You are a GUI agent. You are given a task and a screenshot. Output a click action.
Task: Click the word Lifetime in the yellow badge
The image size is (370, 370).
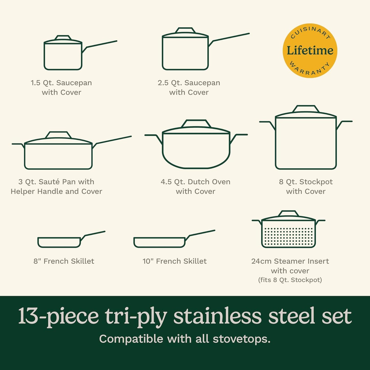(x=310, y=50)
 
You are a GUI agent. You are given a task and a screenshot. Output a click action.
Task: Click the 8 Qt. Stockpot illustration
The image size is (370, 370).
(x=306, y=142)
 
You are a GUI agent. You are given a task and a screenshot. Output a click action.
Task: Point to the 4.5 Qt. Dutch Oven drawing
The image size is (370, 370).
(x=196, y=149)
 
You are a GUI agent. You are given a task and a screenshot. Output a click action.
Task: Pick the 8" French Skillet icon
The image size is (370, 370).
(x=59, y=242)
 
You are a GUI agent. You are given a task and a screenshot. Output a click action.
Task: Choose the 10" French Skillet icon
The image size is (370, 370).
(x=159, y=242)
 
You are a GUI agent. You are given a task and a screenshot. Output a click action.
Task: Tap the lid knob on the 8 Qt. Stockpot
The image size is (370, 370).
(x=306, y=109)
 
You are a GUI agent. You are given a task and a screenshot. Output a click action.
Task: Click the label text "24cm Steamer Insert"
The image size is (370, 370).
(x=290, y=261)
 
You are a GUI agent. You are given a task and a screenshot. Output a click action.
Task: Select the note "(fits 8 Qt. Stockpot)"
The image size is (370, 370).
(x=290, y=280)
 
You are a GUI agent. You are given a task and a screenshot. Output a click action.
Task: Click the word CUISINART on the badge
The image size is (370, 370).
(x=310, y=32)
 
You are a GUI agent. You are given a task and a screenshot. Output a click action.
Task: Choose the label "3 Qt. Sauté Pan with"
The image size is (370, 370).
(x=56, y=182)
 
